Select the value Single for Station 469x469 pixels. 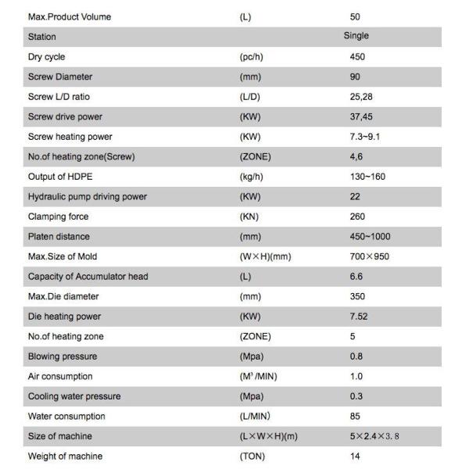356,36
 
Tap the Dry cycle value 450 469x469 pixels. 358,56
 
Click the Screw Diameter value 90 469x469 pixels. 356,77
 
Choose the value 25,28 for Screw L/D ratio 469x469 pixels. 361,96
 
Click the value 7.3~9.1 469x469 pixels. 365,136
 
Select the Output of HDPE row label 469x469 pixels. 57,177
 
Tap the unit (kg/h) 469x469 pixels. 253,177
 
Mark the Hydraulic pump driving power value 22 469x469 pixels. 356,196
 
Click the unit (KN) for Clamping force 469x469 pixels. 250,217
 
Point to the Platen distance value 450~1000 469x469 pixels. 371,236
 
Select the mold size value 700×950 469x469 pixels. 371,256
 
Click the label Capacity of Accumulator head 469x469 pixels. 88,276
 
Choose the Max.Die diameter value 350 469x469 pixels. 358,296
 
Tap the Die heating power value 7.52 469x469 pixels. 360,316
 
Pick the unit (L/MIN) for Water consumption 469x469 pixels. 256,416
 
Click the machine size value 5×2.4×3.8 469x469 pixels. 374,436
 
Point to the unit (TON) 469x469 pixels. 252,456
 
